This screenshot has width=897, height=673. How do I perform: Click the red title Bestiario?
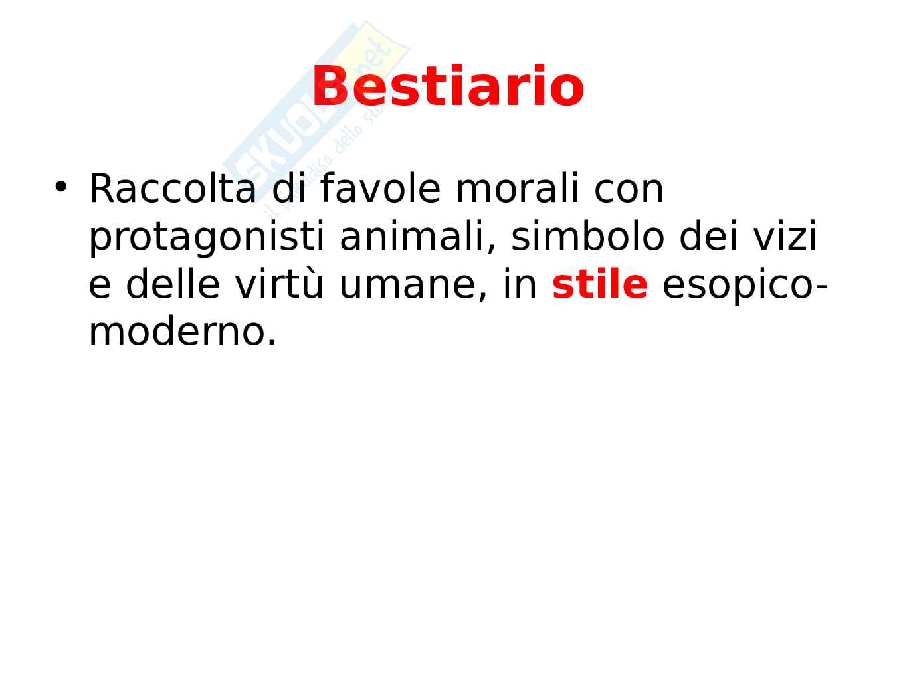[448, 86]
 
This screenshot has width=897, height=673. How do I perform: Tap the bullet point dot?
[60, 187]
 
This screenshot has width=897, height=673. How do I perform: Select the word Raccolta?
[173, 189]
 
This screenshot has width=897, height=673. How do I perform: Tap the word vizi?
[785, 237]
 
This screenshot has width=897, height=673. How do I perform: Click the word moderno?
[183, 332]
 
